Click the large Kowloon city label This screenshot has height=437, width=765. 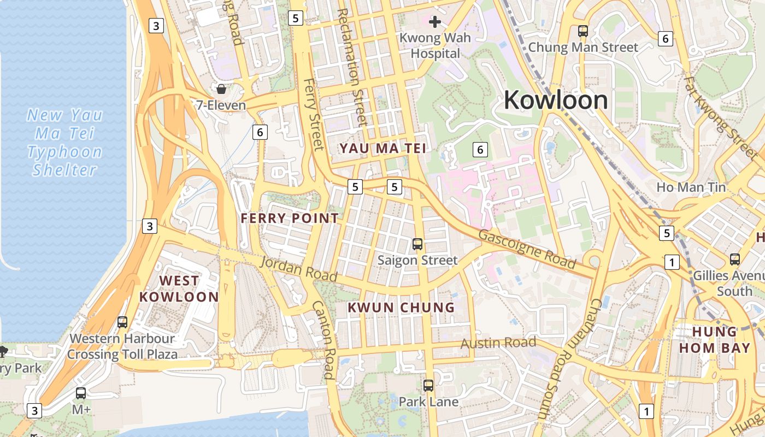point(556,101)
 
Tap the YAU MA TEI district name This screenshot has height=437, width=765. point(382,148)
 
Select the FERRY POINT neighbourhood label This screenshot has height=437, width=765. point(290,218)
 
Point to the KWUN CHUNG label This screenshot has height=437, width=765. point(402,308)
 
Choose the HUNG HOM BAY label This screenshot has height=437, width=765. point(714,340)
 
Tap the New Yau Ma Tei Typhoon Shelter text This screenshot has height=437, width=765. point(65,142)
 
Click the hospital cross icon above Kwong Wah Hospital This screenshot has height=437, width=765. point(435,22)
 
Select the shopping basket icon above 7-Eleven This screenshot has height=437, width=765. point(221,89)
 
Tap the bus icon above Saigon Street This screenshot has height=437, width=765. point(417,244)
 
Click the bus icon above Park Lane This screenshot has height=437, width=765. point(428,386)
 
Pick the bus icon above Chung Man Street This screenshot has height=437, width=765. point(583,31)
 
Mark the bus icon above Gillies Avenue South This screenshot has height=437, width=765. point(735,259)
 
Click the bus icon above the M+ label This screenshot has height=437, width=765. point(81,393)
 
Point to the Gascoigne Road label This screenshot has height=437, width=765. point(527,250)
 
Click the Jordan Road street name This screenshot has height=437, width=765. point(298,269)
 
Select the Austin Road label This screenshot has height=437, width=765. point(498,343)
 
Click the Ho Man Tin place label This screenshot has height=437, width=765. point(691,187)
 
